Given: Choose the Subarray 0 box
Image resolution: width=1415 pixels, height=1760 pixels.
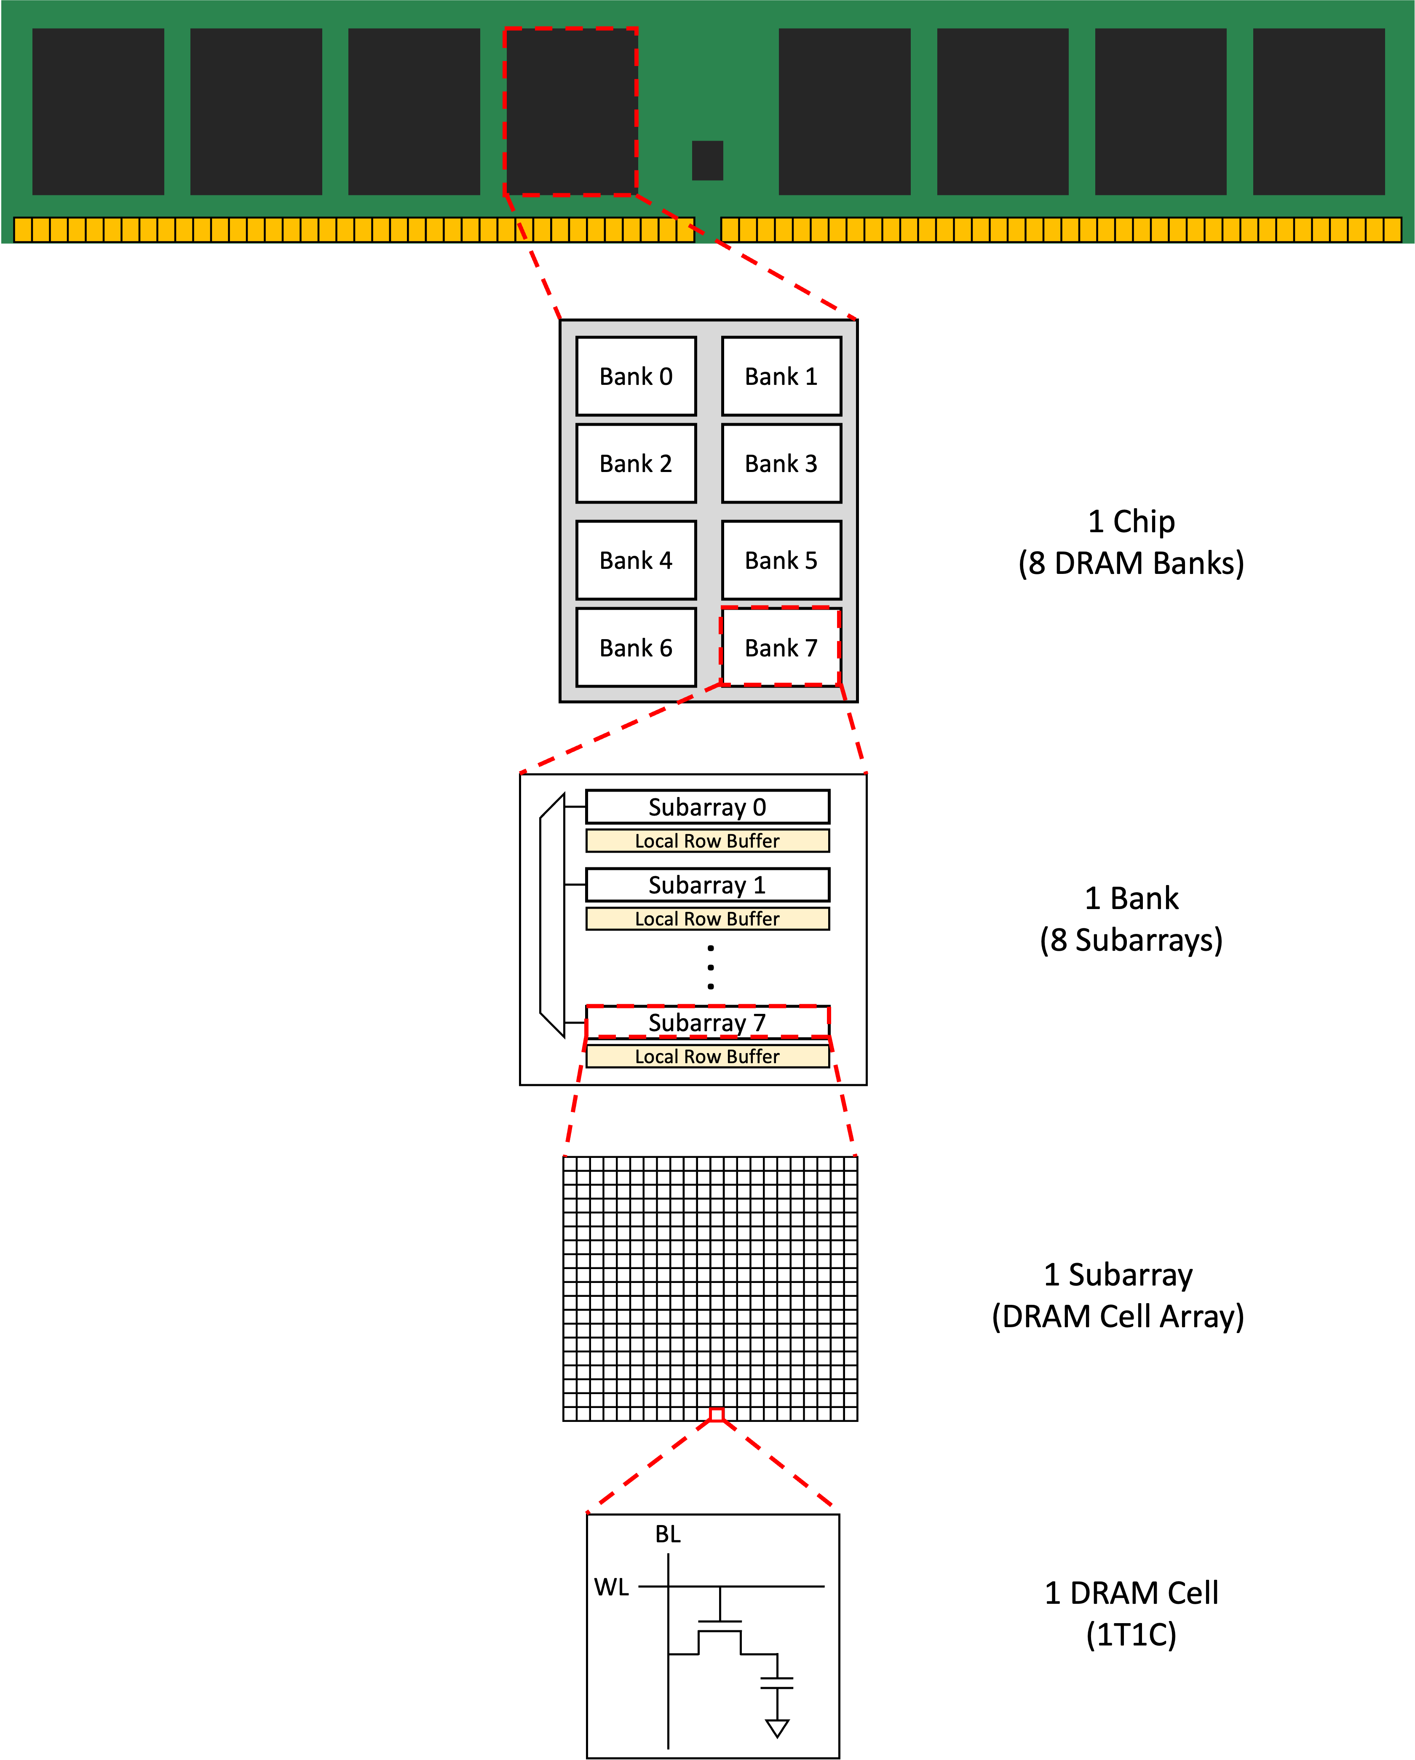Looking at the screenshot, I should (x=707, y=807).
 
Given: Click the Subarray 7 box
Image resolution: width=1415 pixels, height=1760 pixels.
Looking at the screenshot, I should (x=707, y=1022).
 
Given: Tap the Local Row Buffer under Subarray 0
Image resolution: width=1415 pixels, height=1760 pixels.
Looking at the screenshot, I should (x=707, y=841).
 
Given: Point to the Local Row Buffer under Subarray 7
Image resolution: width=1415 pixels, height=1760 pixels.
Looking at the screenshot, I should (x=707, y=1056).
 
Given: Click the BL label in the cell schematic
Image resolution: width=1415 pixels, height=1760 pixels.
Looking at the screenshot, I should (x=667, y=1534).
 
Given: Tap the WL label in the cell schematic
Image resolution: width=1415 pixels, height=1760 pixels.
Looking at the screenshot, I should (x=612, y=1587).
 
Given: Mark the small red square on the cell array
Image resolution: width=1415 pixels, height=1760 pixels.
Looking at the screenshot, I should (x=716, y=1415).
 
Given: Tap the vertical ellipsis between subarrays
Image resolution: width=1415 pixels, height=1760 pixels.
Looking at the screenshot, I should (x=710, y=967).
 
